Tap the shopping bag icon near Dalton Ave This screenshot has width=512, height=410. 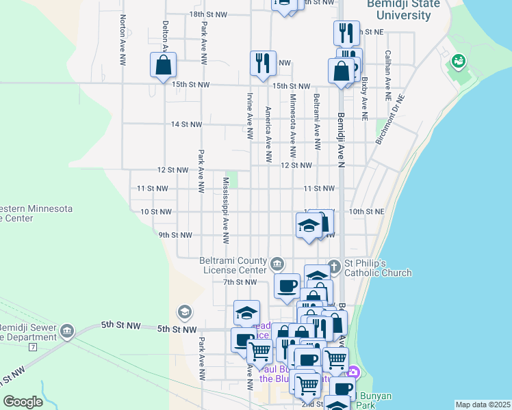click(x=164, y=66)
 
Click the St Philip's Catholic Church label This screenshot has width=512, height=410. click(x=378, y=268)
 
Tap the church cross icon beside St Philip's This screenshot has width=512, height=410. click(x=334, y=264)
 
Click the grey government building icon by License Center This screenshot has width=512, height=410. click(x=277, y=264)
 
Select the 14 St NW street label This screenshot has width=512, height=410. click(x=186, y=124)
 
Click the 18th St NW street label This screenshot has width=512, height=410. click(x=206, y=14)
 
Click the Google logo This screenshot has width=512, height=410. click(x=23, y=401)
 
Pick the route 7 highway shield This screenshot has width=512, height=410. click(x=32, y=347)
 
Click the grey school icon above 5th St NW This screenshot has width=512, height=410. click(x=183, y=312)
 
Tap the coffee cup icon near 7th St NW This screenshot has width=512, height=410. click(x=287, y=285)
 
